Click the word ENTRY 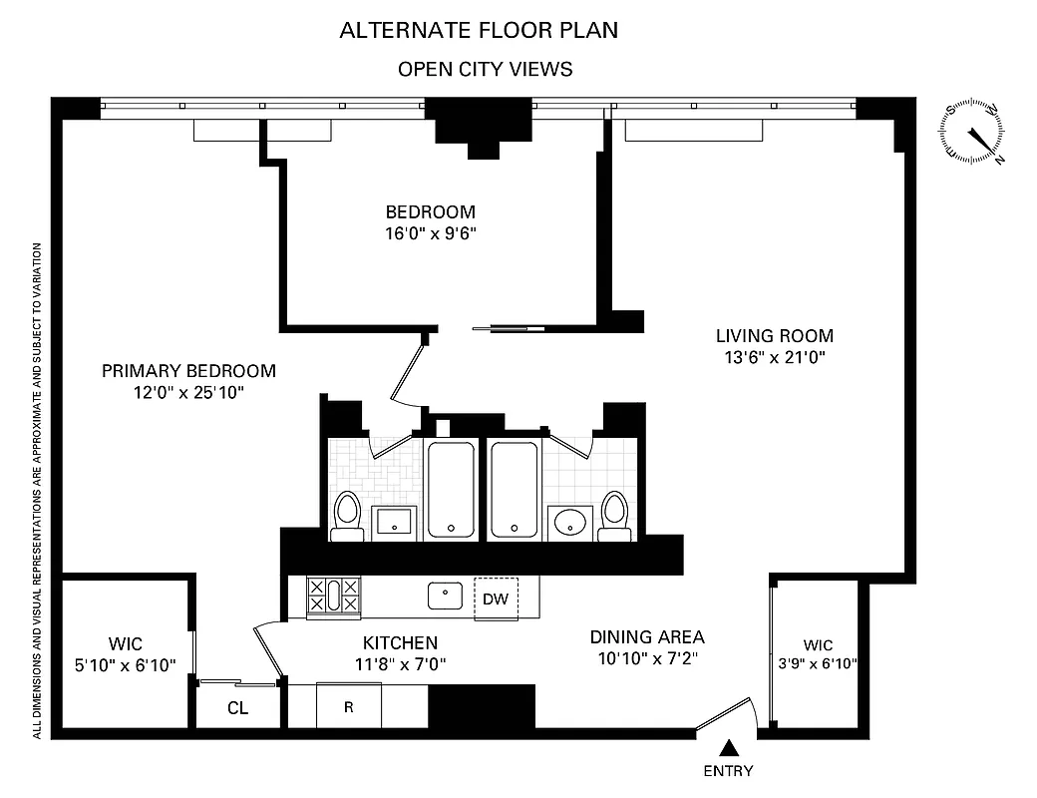729,771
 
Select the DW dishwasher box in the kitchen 496,598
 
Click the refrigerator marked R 348,708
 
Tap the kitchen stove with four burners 334,596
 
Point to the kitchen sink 445,597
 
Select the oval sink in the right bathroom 569,521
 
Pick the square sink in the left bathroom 398,521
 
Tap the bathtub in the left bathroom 452,489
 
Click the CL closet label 237,709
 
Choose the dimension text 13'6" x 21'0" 774,356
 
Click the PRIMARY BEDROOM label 188,371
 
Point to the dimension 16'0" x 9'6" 431,233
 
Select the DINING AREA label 647,637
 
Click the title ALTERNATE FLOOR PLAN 479,30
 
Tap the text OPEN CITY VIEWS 485,69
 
